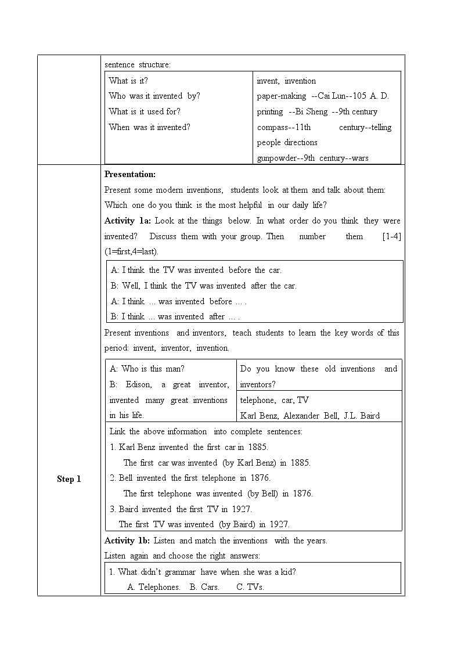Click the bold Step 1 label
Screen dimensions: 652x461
point(69,479)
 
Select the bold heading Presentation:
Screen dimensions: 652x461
point(130,174)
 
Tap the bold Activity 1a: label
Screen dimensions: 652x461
point(128,221)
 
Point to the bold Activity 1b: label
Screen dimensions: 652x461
point(127,541)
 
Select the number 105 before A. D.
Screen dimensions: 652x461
point(359,96)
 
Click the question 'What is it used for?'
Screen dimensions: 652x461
point(145,111)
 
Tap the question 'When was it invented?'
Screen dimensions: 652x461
point(149,127)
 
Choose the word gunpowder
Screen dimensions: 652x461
point(276,158)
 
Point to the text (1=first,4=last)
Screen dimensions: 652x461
point(131,251)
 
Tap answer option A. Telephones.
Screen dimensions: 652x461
point(154,587)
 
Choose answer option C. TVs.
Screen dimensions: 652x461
point(250,587)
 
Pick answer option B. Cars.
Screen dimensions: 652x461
point(204,587)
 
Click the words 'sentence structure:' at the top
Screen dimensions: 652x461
point(138,64)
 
